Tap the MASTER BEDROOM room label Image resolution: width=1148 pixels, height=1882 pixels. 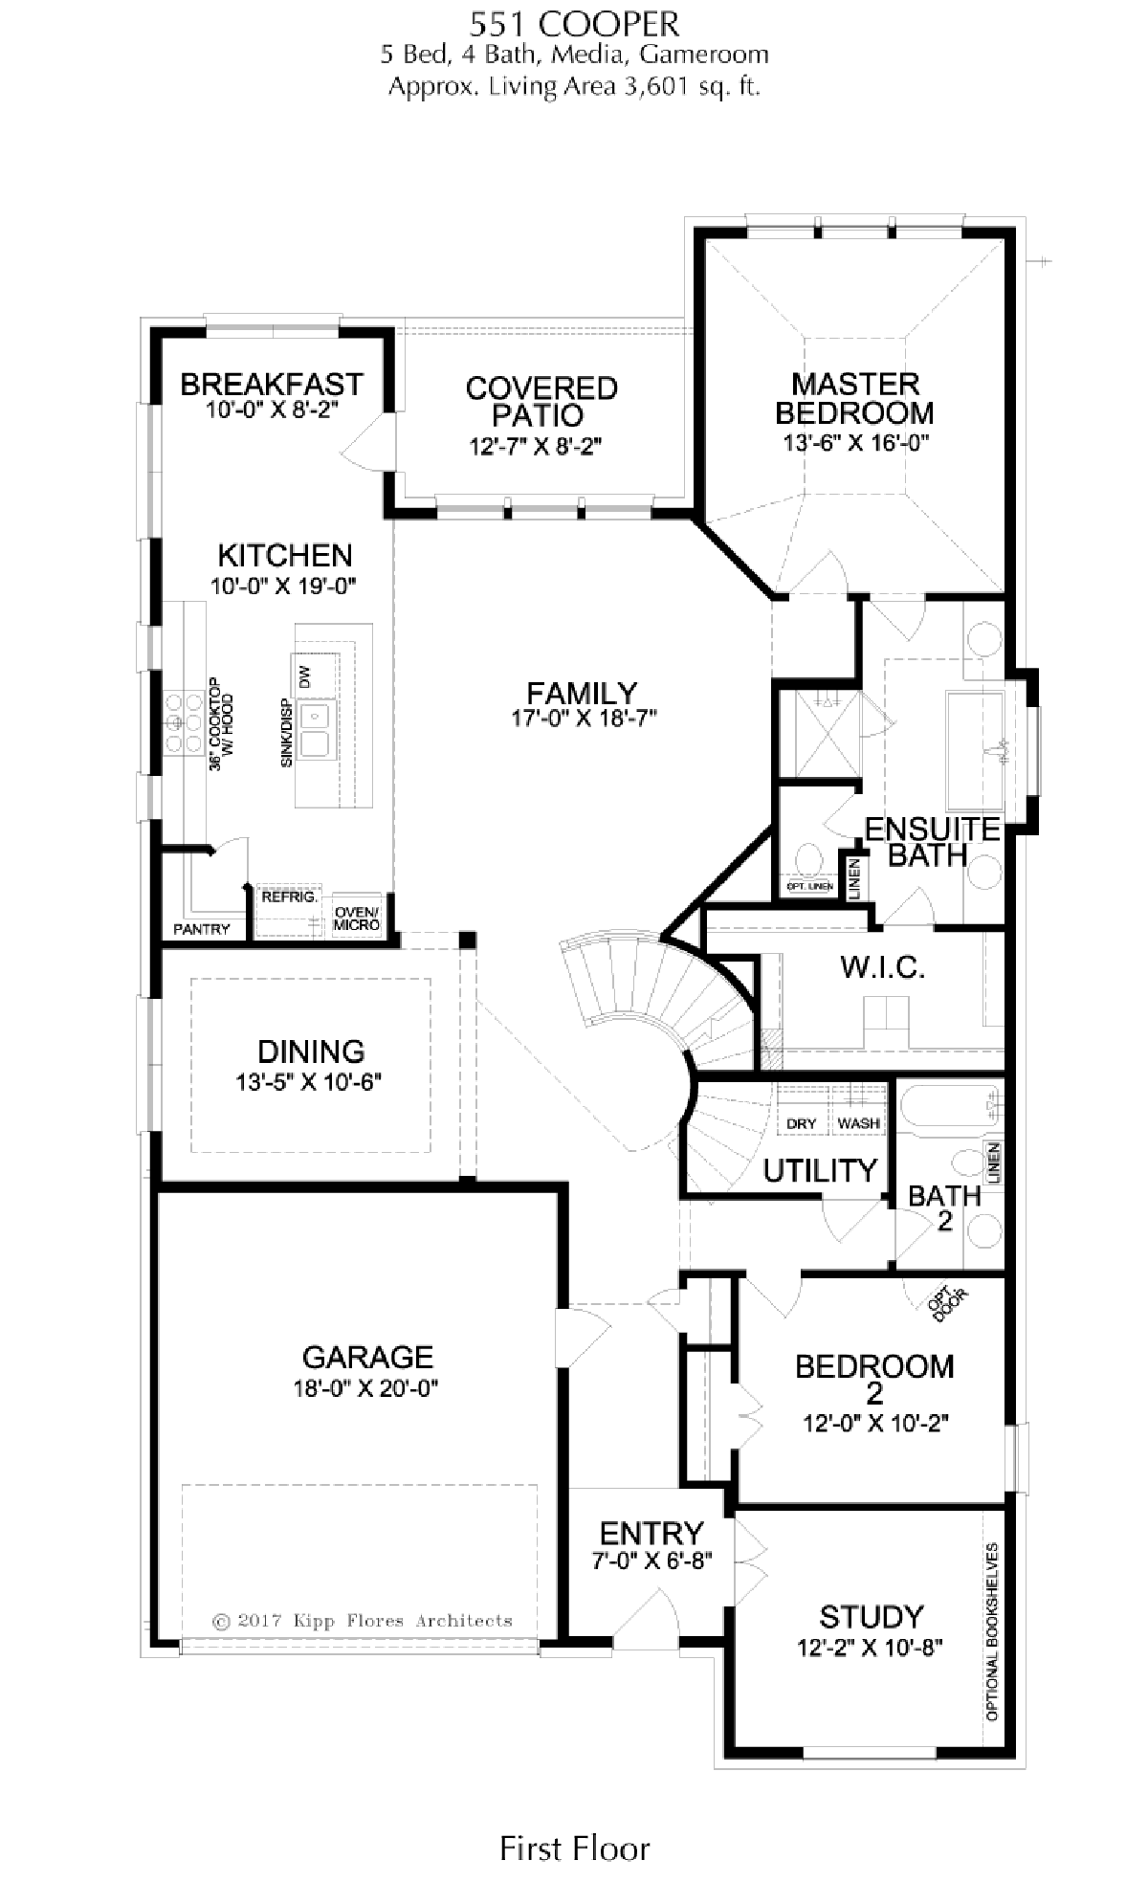coord(854,399)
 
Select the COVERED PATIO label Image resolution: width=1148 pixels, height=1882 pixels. coord(541,402)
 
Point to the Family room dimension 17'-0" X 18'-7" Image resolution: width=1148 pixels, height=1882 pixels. coord(583,719)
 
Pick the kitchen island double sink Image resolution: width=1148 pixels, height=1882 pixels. coord(315,729)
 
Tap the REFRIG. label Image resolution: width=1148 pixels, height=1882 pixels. coord(289,897)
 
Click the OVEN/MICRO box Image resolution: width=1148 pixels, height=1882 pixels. coord(357,918)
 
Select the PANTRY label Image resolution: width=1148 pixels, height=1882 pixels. coord(202,929)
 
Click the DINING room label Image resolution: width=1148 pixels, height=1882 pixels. coord(311,1052)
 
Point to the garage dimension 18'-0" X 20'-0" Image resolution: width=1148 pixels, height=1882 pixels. coord(366,1389)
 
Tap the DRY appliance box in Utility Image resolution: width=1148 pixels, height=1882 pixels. coord(801,1123)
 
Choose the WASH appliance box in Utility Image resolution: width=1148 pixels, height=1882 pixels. coord(859,1123)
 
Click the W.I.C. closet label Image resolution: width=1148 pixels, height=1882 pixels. coord(883,967)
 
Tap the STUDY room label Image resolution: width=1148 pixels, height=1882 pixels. coord(871,1617)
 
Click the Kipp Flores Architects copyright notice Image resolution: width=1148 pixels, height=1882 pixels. coord(363,1621)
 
